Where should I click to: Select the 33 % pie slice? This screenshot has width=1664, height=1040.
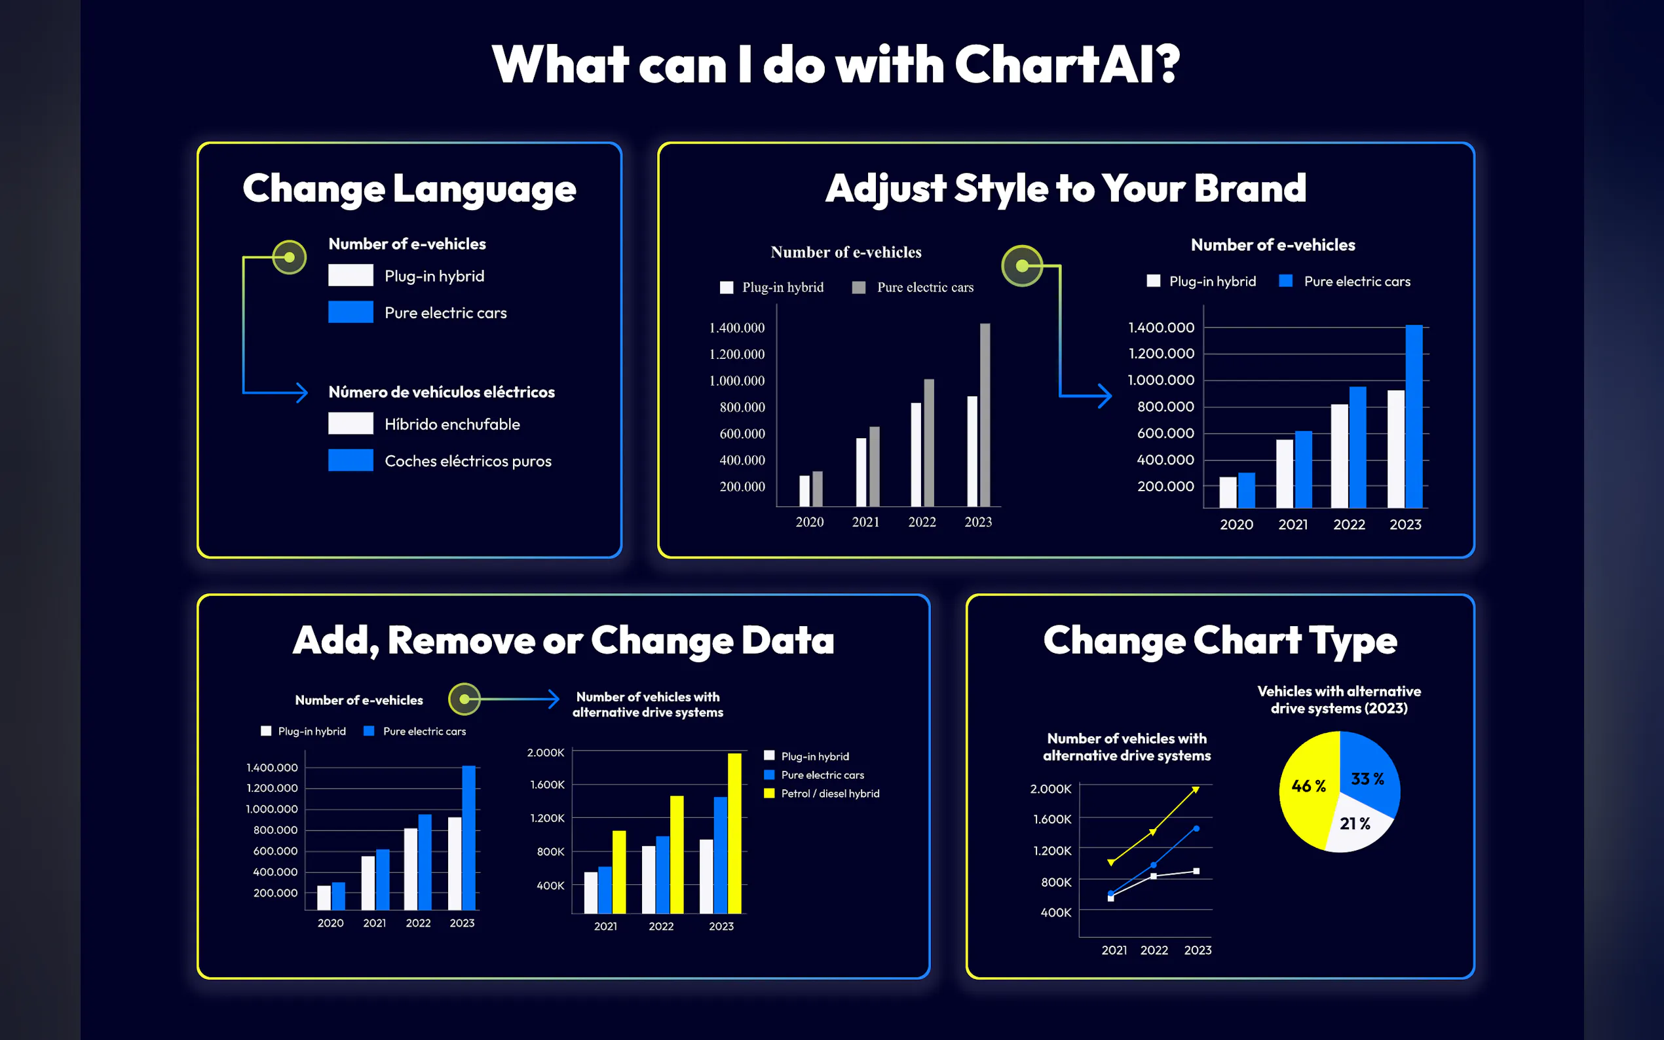[1369, 774]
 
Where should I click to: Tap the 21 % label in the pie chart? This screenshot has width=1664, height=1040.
[1354, 823]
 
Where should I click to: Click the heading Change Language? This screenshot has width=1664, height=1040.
[409, 189]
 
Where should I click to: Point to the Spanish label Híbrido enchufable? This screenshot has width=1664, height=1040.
[452, 424]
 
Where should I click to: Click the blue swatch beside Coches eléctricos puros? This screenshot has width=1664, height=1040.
[351, 460]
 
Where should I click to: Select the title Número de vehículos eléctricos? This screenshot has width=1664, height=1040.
[442, 392]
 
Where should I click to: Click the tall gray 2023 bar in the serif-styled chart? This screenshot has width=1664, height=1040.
[985, 415]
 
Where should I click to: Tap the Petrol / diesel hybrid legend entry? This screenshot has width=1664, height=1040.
[822, 793]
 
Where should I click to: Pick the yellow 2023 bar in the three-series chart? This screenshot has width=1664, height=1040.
[734, 833]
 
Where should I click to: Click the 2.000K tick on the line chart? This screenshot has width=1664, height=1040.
[1050, 789]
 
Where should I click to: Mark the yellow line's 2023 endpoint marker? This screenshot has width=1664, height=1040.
[1196, 790]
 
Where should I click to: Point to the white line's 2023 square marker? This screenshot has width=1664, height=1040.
[1196, 872]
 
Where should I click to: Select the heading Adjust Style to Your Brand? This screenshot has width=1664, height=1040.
[1065, 188]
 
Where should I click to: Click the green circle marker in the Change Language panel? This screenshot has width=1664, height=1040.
[290, 257]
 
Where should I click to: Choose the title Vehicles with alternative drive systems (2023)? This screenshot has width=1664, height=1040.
[1339, 699]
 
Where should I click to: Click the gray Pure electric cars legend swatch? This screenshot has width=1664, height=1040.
[858, 288]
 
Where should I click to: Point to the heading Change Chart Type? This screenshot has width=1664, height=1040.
[1220, 641]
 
